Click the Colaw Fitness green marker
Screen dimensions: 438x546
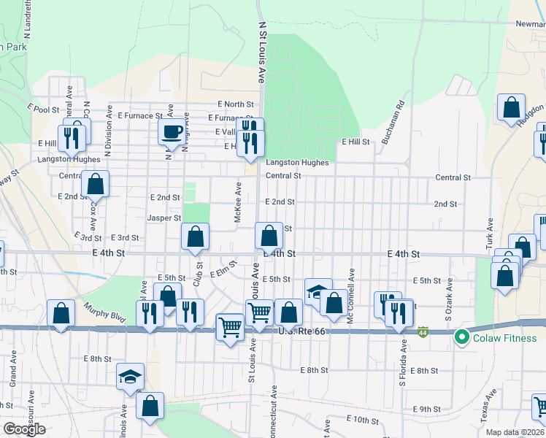(461, 337)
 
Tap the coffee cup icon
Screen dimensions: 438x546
(172, 132)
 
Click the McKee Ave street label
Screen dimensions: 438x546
(238, 202)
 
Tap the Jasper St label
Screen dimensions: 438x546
(164, 218)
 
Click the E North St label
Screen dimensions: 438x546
(235, 105)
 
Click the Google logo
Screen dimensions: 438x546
(24, 429)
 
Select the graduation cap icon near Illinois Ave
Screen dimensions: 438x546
(130, 377)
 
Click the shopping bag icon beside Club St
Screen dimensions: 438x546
(195, 237)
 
